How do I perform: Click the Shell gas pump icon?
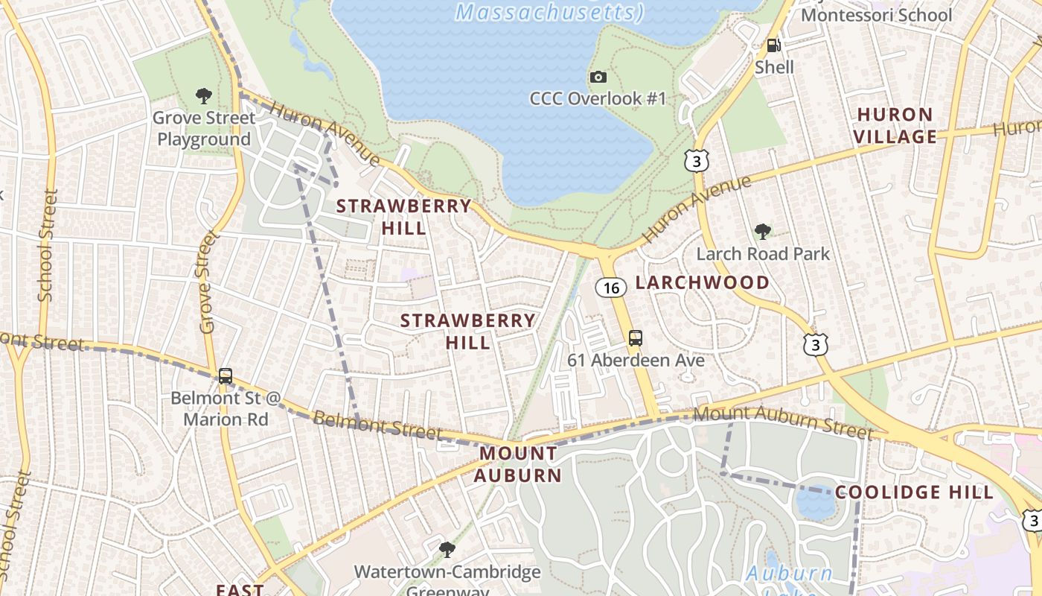coord(774,45)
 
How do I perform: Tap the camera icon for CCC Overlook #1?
coord(598,77)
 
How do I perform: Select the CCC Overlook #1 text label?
coord(598,98)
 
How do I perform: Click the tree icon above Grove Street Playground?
coord(203,96)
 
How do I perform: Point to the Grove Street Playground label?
coord(204,128)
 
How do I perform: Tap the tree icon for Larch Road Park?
coord(762,232)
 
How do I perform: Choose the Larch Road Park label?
coord(762,254)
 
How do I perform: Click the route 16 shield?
coord(610,288)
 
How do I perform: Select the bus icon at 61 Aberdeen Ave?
coord(635,338)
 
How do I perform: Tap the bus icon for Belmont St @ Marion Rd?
coord(226,376)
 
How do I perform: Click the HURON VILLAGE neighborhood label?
coord(895,125)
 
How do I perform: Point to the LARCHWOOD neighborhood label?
coord(702,282)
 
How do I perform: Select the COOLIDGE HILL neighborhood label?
coord(914,492)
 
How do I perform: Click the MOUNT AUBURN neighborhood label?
coord(518,463)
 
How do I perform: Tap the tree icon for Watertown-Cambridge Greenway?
coord(447,550)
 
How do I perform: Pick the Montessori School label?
coord(876,15)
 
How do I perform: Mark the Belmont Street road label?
coord(378,425)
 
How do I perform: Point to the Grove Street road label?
coord(208,282)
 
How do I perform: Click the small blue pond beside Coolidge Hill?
coord(815,503)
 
